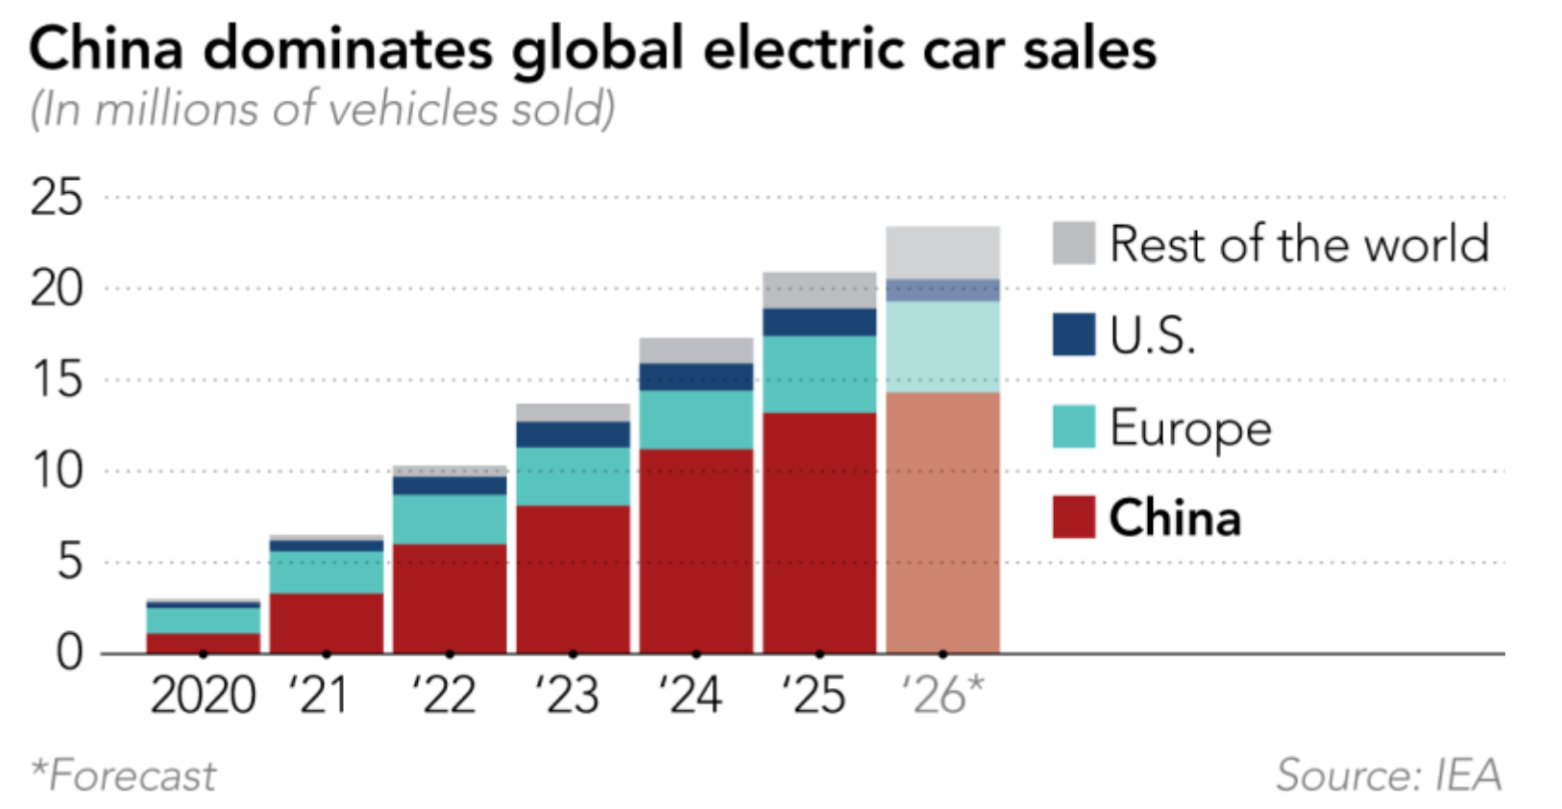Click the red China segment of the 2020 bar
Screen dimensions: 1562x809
tap(203, 643)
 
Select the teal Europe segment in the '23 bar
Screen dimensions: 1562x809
tap(574, 477)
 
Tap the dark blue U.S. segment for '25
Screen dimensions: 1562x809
tap(819, 322)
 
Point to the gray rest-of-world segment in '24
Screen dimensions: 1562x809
tap(696, 351)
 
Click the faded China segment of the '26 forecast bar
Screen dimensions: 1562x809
tap(942, 523)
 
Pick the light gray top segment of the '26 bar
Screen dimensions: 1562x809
tap(942, 253)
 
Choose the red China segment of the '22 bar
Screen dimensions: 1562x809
tap(450, 599)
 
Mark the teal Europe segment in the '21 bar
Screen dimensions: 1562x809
tap(327, 573)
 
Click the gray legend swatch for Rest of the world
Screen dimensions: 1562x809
tap(1074, 243)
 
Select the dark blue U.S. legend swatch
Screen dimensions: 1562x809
tap(1074, 334)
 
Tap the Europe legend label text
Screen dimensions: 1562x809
tap(1191, 429)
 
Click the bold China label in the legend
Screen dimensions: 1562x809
tap(1176, 518)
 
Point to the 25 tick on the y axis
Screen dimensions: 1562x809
tap(56, 197)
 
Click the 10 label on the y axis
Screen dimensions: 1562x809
tap(56, 472)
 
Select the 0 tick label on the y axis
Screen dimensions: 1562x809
tap(70, 653)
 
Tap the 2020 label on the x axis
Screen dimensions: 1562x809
tap(203, 696)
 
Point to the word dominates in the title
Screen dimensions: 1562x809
tap(349, 49)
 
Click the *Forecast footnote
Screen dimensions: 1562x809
tap(123, 775)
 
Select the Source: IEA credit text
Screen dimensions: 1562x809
tap(1389, 775)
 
